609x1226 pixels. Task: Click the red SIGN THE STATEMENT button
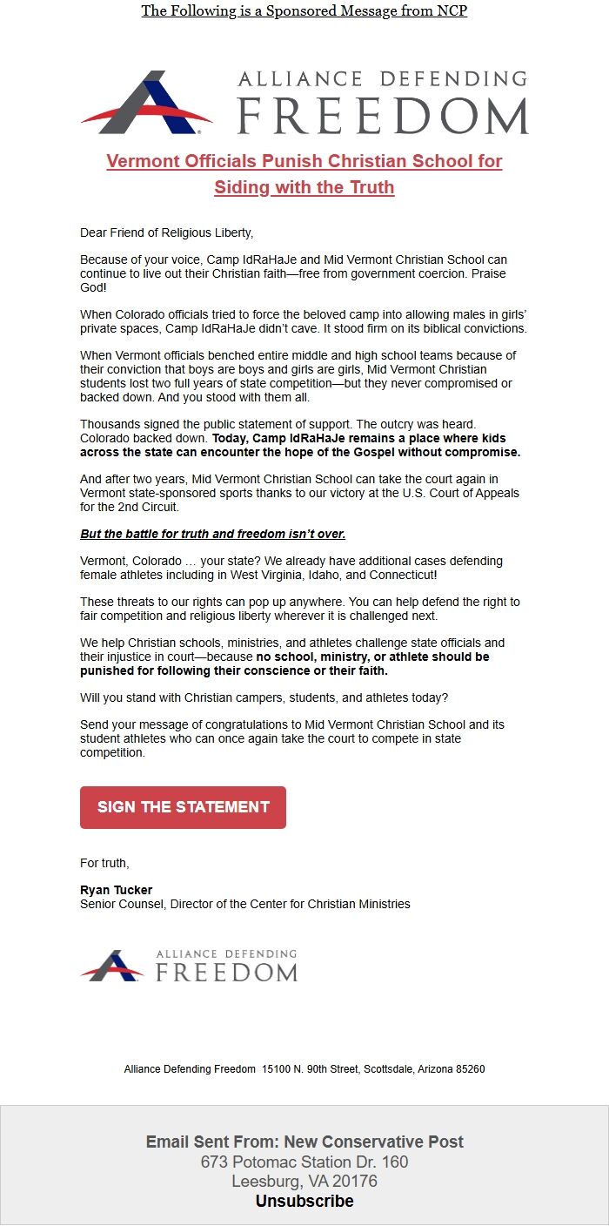[x=183, y=807]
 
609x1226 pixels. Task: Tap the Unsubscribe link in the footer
[x=304, y=1201]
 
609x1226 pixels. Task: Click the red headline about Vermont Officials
[x=304, y=174]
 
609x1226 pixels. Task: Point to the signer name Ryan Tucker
[x=116, y=890]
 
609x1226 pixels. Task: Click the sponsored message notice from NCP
[x=304, y=11]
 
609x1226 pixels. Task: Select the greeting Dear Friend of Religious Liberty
[x=166, y=232]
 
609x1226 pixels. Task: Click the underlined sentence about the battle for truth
[x=212, y=534]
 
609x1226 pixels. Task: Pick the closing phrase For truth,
[x=104, y=863]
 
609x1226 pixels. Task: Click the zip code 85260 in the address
[x=469, y=1068]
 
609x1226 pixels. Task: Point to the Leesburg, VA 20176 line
[x=304, y=1182]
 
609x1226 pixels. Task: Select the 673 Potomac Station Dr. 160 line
[x=304, y=1162]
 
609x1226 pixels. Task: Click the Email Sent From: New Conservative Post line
[x=304, y=1142]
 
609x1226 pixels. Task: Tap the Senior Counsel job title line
[x=244, y=904]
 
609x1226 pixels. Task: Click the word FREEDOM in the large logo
[x=383, y=117]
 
